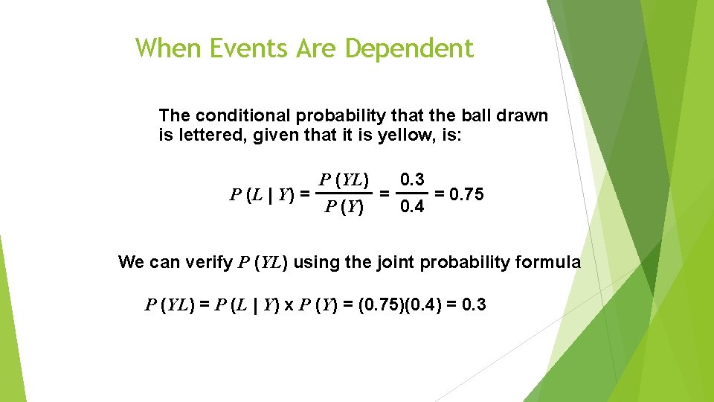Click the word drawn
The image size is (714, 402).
[x=525, y=116]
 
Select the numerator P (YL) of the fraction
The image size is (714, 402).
[x=342, y=179]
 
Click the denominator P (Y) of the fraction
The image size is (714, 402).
[x=343, y=208]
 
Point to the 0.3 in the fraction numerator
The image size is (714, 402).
[x=412, y=179]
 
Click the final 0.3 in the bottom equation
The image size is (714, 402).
[x=473, y=304]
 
